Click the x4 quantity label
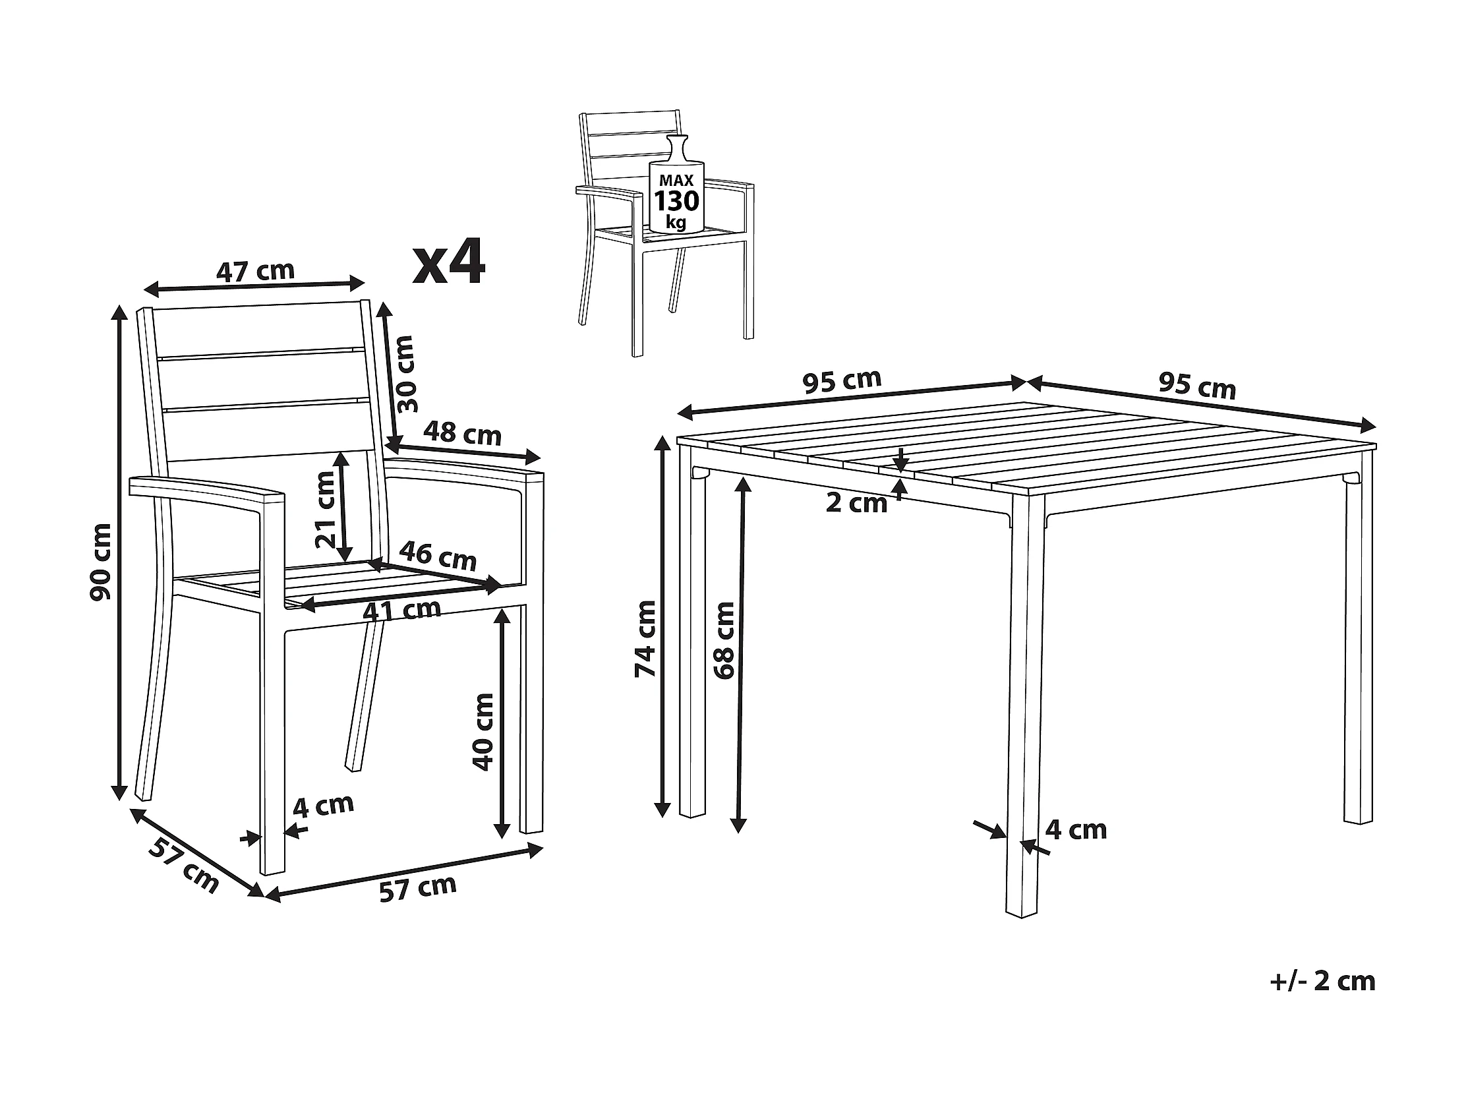[x=450, y=264]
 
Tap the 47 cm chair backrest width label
[x=256, y=271]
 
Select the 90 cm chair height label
[x=101, y=562]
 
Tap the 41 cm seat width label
[x=402, y=609]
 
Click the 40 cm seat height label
[x=483, y=732]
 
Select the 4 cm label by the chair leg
[x=323, y=806]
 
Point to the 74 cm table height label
[x=645, y=638]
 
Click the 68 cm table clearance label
[x=724, y=640]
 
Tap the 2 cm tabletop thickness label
[x=856, y=503]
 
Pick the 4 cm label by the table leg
[x=1076, y=829]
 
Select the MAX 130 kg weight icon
[x=676, y=185]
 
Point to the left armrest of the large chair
[x=207, y=492]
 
